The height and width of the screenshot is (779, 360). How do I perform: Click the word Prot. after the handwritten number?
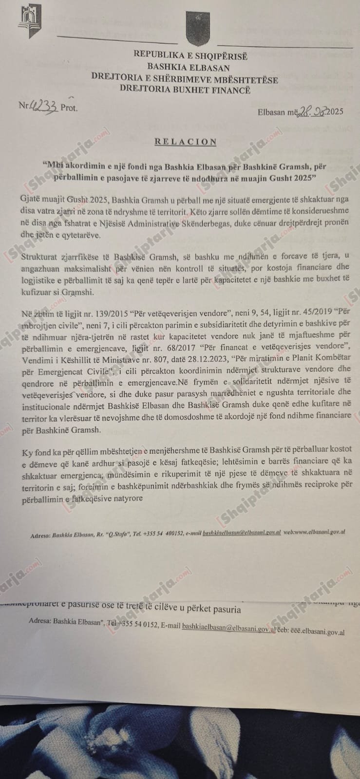click(69, 108)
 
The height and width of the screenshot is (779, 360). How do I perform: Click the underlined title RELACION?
click(185, 142)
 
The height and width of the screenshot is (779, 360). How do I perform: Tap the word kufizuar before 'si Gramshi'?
click(39, 292)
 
